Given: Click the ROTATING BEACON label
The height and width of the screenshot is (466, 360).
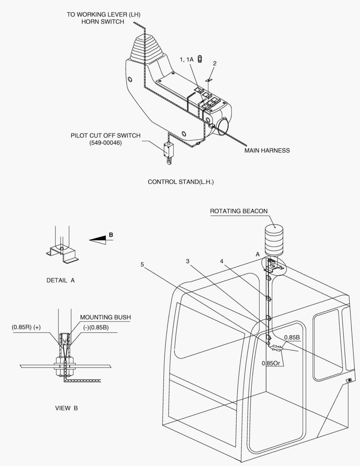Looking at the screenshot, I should (x=239, y=211).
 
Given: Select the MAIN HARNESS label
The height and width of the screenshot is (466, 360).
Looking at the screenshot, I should (x=267, y=151).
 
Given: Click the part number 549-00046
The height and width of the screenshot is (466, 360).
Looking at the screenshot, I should (x=106, y=143).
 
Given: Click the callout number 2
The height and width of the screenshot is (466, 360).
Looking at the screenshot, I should (x=215, y=63).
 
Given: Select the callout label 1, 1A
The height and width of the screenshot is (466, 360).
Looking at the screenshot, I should (x=187, y=60).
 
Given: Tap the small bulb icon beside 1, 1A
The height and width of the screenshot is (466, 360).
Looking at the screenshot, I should (x=200, y=60).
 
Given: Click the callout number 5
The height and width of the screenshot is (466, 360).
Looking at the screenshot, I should (x=142, y=264).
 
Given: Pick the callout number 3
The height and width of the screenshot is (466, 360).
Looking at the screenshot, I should (x=188, y=261).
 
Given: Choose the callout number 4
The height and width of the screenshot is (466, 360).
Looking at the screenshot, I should (x=221, y=261).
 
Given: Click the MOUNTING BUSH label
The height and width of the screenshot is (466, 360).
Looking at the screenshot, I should (x=105, y=317).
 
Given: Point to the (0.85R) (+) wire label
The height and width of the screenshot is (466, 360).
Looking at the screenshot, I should (x=26, y=327).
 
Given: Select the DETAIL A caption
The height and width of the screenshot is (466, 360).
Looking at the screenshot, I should (x=60, y=280).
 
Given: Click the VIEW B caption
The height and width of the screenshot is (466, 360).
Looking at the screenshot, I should (x=66, y=408).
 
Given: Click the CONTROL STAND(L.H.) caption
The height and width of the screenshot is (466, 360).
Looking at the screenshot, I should (x=181, y=182).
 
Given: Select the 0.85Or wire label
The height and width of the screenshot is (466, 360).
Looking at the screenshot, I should (x=272, y=363).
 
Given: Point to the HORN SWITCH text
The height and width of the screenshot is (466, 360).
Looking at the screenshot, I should (x=103, y=22).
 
